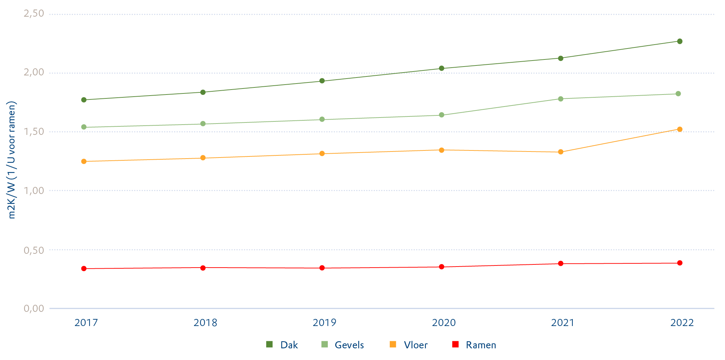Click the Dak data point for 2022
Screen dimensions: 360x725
[x=680, y=41]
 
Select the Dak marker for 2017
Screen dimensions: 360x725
[x=84, y=100]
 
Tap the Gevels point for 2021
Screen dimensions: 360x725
[x=561, y=99]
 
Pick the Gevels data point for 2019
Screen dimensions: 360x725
[x=322, y=119]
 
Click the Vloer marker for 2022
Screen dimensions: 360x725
[x=680, y=129]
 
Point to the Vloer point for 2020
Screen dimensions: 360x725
[x=441, y=150]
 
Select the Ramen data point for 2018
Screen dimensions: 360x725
[x=203, y=268]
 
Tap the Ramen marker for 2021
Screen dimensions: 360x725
[x=561, y=263]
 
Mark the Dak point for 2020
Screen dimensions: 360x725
[x=441, y=68]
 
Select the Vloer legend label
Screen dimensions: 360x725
[x=416, y=345]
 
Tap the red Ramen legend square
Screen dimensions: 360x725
[x=456, y=344]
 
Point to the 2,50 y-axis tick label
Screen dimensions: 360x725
[x=34, y=13]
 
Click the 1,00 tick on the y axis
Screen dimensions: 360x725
[x=34, y=190]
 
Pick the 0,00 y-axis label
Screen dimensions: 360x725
[x=34, y=308]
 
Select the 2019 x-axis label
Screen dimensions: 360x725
[x=325, y=323]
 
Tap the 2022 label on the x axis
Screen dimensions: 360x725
[x=682, y=323]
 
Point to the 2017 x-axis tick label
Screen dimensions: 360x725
[x=86, y=323]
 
